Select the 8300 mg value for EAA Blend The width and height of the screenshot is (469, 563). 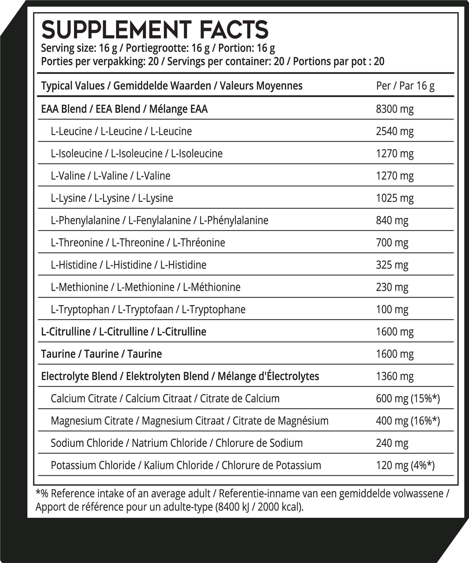[395, 109]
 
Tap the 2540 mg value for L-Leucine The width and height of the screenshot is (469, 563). [395, 131]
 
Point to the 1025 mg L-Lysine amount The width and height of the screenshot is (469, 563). [395, 198]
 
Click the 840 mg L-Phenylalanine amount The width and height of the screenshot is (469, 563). [392, 220]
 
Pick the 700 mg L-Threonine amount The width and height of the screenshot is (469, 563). [392, 243]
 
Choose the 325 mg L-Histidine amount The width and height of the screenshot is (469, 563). [392, 265]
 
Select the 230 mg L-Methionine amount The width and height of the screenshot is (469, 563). [392, 287]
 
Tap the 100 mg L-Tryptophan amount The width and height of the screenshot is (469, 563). [392, 309]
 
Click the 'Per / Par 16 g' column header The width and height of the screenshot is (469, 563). [405, 86]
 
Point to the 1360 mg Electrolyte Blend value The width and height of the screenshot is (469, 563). [395, 376]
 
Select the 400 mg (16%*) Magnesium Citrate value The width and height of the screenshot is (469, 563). [408, 421]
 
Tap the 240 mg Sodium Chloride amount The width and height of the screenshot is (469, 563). [392, 443]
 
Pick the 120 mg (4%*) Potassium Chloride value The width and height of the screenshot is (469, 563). [405, 465]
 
